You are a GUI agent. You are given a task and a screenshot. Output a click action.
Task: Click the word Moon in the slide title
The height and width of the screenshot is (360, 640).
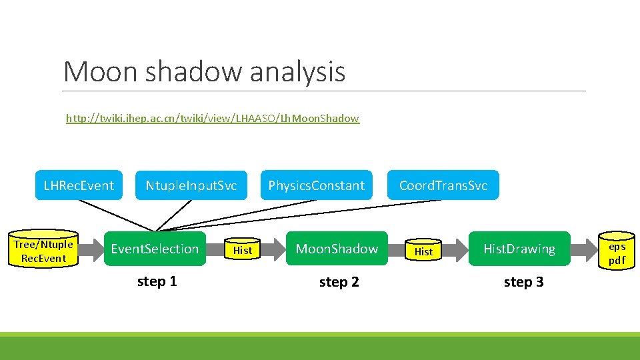(x=99, y=71)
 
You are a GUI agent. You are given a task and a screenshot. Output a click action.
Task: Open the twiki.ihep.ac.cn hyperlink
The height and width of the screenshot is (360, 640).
(x=212, y=119)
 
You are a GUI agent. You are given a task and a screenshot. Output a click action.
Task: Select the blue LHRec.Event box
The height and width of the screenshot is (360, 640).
(x=79, y=185)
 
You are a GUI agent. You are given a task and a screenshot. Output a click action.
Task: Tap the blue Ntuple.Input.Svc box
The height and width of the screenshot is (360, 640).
(x=191, y=185)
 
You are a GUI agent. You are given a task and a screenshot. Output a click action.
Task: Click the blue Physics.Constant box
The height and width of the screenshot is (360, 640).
(x=316, y=185)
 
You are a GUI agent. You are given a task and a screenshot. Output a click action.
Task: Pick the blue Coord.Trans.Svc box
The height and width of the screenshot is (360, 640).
(x=443, y=185)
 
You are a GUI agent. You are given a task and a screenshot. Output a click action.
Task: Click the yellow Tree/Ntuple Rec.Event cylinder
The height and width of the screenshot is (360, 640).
(x=43, y=251)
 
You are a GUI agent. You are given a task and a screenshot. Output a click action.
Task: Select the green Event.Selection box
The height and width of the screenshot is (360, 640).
(x=155, y=249)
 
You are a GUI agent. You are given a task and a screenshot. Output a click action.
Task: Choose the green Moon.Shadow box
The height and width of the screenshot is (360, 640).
(x=337, y=249)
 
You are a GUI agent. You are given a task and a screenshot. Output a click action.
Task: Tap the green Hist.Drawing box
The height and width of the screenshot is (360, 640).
(x=519, y=249)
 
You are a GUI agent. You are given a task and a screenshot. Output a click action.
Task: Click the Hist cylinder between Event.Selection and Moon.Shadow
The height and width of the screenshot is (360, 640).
(x=243, y=250)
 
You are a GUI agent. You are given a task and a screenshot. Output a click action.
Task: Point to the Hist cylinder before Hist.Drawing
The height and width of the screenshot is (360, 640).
(x=423, y=251)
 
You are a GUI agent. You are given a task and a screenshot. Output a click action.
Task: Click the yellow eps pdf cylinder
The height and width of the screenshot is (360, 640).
(x=617, y=253)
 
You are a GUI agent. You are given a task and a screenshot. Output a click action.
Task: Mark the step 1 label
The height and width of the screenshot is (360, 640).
(x=157, y=281)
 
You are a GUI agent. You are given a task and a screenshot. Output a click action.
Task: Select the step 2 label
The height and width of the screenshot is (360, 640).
(x=339, y=282)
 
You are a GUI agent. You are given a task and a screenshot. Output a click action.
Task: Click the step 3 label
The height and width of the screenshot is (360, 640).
(x=523, y=282)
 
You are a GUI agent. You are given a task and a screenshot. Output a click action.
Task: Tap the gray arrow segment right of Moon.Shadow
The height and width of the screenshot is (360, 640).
(x=397, y=250)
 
